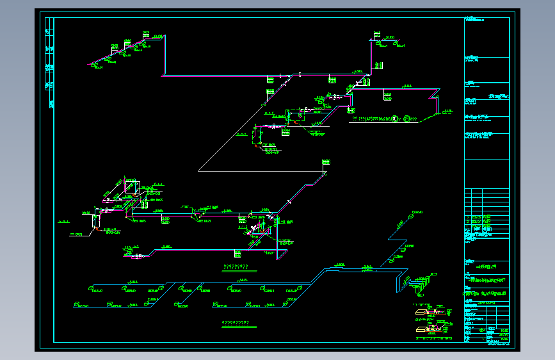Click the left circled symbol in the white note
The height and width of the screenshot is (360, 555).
click(396, 119)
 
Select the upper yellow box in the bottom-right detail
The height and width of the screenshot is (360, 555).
click(421, 313)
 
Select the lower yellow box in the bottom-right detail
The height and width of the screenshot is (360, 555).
click(421, 329)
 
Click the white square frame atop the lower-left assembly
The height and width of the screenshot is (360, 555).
click(131, 186)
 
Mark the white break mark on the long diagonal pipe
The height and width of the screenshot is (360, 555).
click(289, 202)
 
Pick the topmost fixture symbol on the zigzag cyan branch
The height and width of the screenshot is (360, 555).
click(413, 213)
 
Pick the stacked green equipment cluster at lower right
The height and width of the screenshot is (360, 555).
click(422, 281)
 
